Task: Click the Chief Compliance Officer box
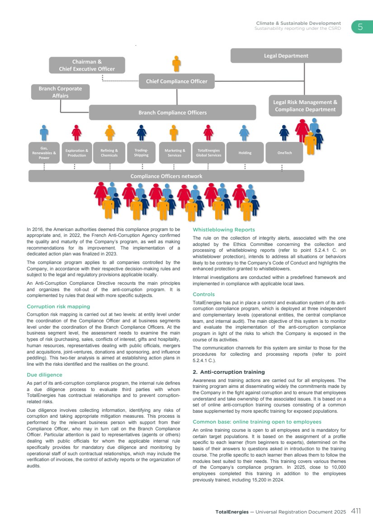click(x=176, y=81)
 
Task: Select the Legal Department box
click(x=286, y=56)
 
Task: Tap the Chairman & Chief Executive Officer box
click(x=87, y=65)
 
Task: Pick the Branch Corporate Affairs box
click(x=60, y=92)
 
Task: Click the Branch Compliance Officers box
click(x=172, y=113)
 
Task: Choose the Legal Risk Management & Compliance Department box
click(x=305, y=106)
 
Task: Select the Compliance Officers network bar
click(x=166, y=176)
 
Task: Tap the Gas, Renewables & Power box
click(x=44, y=153)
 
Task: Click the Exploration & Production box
click(x=77, y=153)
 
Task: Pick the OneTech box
click(x=284, y=153)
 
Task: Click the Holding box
click(x=245, y=153)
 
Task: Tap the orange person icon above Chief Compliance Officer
click(x=176, y=64)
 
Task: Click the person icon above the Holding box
click(x=244, y=132)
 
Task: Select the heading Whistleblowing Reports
click(x=223, y=230)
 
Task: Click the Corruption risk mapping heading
click(x=58, y=306)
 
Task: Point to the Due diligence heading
click(x=44, y=375)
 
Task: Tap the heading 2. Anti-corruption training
click(x=228, y=372)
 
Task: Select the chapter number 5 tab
click(x=360, y=27)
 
